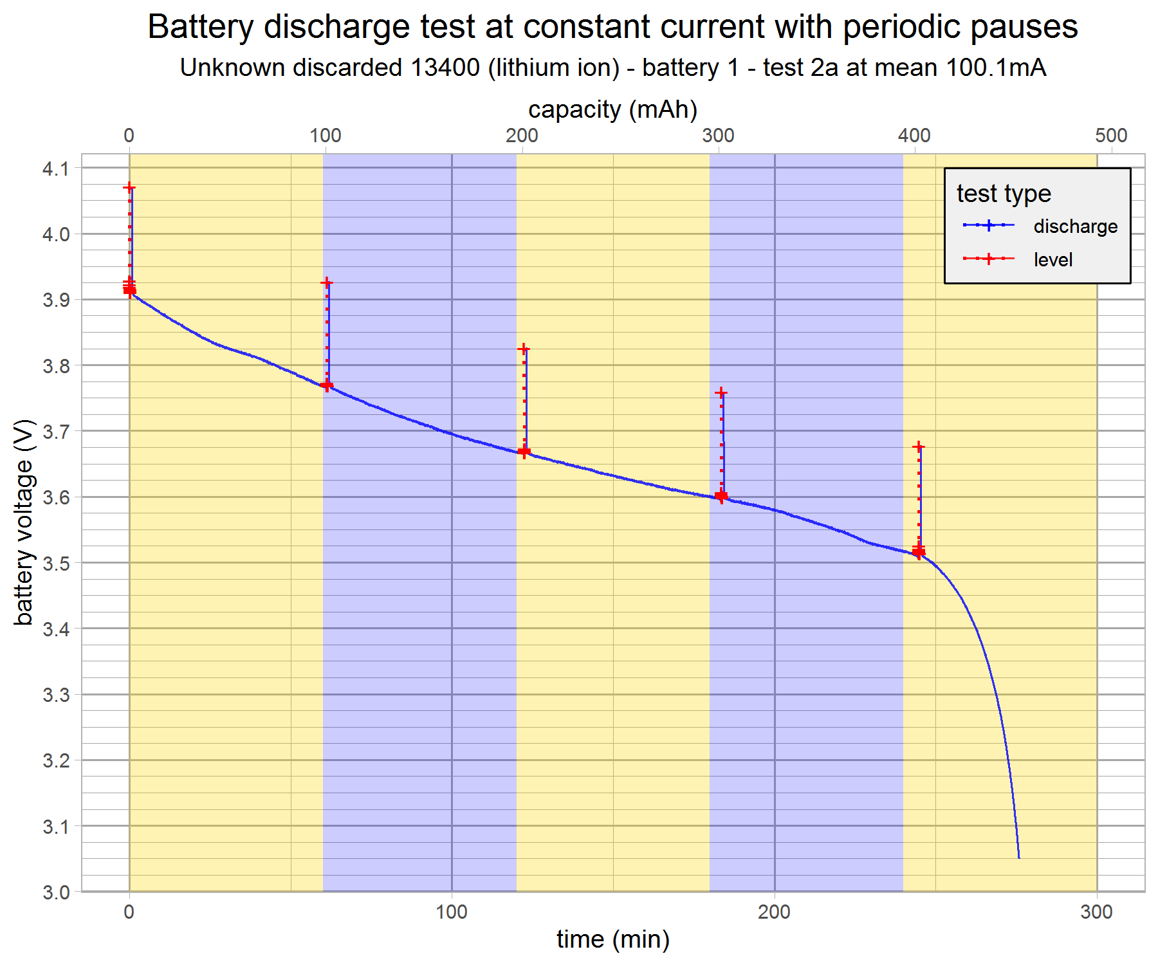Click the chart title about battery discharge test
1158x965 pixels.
[x=612, y=27]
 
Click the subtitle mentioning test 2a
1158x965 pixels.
[x=612, y=68]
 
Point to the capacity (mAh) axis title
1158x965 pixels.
[x=612, y=109]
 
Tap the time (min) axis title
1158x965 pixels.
[x=612, y=940]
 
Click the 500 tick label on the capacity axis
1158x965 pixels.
[x=1111, y=136]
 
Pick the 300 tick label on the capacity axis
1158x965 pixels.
[x=718, y=136]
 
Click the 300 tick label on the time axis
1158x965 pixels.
[x=1096, y=912]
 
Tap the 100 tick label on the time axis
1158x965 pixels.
[x=452, y=912]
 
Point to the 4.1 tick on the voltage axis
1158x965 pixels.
[x=56, y=169]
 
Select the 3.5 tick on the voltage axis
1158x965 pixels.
[x=56, y=564]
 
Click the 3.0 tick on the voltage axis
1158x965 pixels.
[x=56, y=892]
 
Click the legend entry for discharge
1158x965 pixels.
[x=1075, y=226]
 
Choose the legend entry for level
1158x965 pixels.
[x=1053, y=260]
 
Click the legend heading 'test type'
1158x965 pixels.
[x=1004, y=194]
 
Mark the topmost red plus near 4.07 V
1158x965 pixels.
[x=129, y=188]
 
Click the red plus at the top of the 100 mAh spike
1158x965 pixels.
[x=327, y=283]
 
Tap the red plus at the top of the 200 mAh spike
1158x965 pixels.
[x=524, y=349]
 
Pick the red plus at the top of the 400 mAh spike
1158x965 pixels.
[x=918, y=446]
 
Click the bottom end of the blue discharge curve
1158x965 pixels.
[x=1019, y=857]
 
